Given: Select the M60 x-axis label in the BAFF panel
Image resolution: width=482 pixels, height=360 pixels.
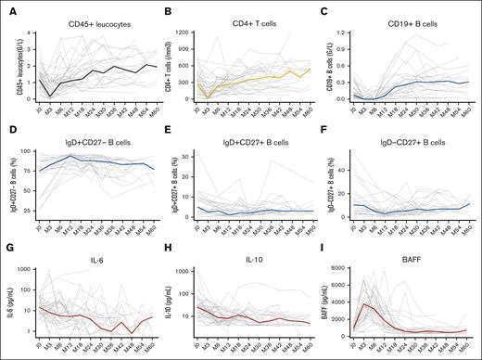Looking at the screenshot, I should coord(467,348).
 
